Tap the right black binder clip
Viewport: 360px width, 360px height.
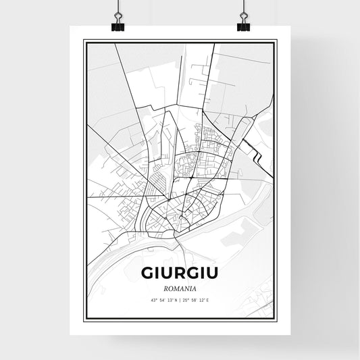point(243,24)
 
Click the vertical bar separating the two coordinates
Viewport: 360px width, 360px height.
point(180,301)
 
